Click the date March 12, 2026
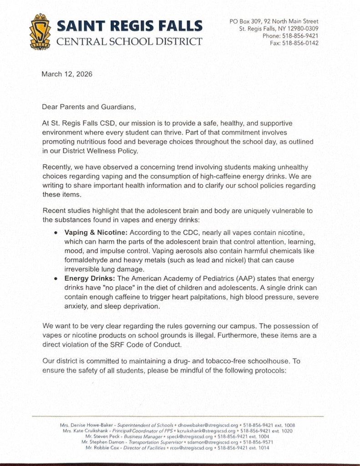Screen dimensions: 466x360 coord(67,74)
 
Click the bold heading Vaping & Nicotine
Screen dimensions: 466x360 coord(96,232)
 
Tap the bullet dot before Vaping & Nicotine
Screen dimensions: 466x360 coord(56,233)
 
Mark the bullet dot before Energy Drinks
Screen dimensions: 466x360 coord(56,279)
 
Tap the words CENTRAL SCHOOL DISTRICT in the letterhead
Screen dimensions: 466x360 coord(129,42)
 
